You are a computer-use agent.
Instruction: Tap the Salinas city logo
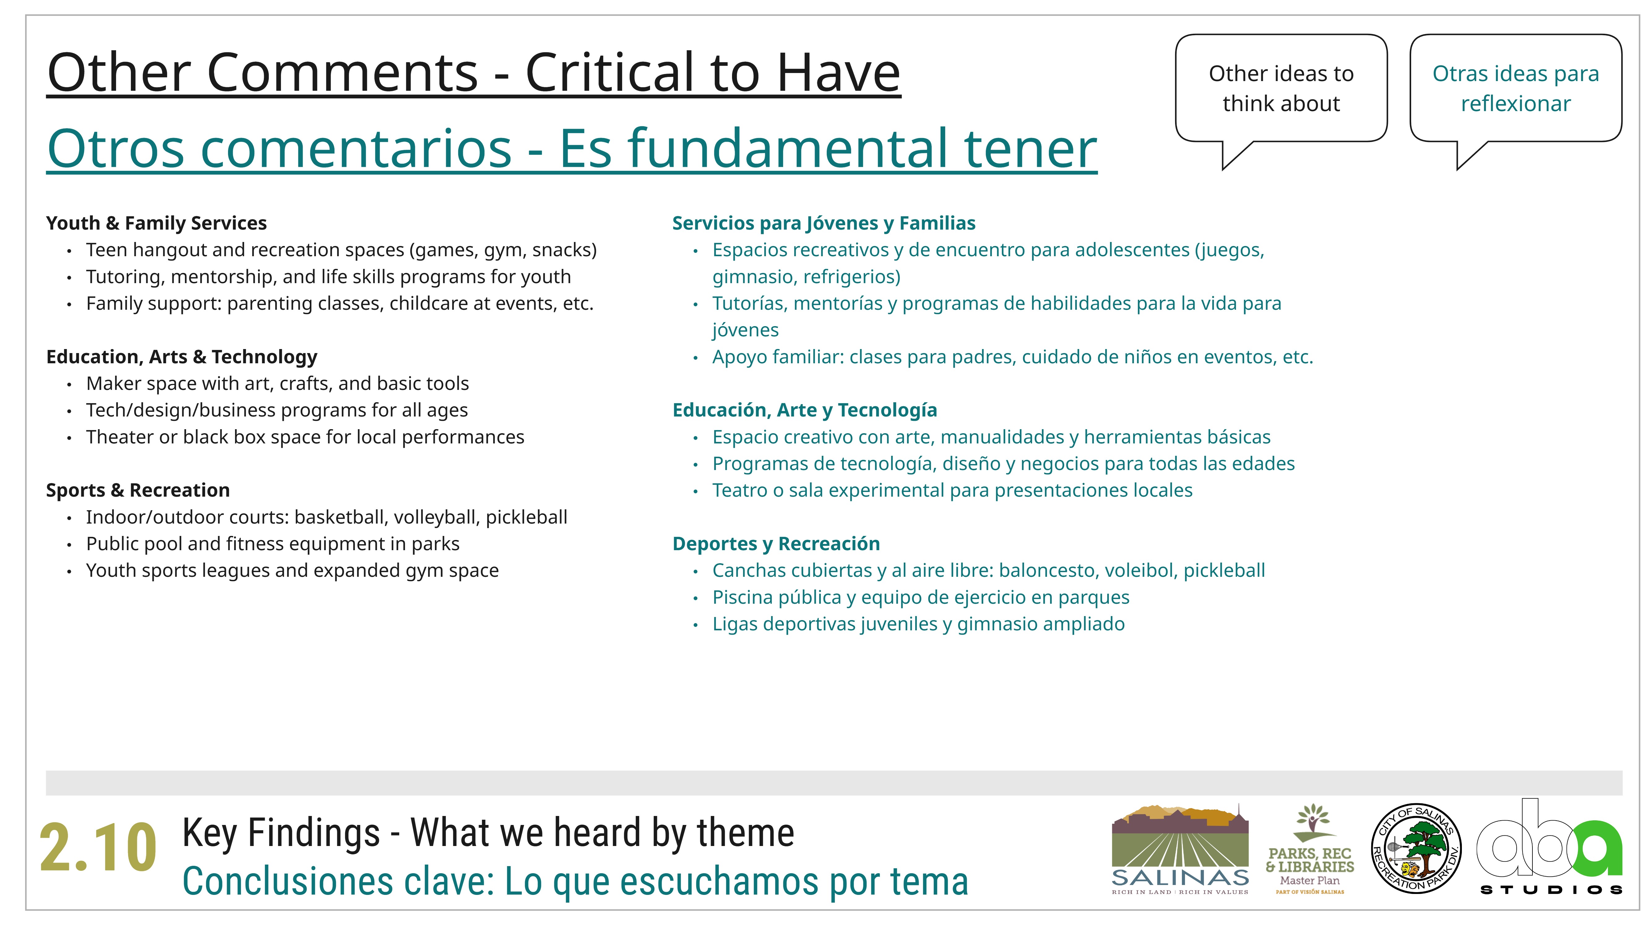tap(1180, 848)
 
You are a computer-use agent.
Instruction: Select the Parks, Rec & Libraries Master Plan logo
tap(1310, 848)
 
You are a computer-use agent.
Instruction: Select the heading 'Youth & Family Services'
tap(156, 223)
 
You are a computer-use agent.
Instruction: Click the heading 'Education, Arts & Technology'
tap(182, 357)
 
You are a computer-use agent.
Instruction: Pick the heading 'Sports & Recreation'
tap(138, 490)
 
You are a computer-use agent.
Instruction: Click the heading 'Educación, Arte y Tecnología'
tap(804, 410)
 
